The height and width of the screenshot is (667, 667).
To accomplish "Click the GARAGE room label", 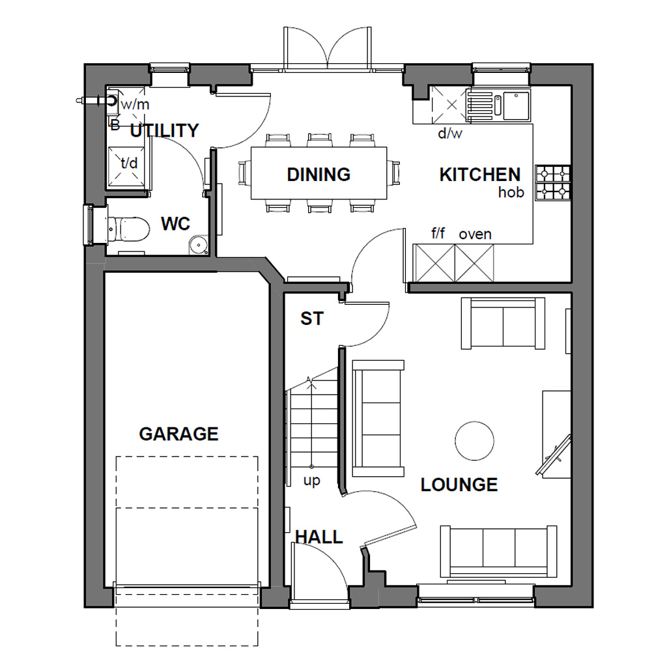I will tap(178, 434).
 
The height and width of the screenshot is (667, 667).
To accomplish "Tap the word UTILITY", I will tap(164, 130).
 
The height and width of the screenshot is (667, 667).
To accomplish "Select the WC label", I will tap(175, 224).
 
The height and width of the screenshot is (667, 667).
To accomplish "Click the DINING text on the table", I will tap(319, 175).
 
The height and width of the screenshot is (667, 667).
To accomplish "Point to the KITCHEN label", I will tap(480, 175).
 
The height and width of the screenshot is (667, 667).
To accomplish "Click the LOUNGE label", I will tap(459, 485).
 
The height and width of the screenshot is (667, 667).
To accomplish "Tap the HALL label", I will tap(319, 537).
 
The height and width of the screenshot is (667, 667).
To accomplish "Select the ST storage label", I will tap(311, 319).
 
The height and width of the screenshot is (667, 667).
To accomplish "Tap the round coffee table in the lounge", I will tap(474, 441).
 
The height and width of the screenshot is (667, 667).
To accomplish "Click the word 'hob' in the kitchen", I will tap(511, 193).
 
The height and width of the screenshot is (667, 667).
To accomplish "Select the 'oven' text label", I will tap(475, 234).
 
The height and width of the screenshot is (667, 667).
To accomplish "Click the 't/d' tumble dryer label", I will tap(129, 163).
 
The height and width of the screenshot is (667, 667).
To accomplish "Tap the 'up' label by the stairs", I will tap(312, 481).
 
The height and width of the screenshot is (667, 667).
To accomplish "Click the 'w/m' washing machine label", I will tap(135, 104).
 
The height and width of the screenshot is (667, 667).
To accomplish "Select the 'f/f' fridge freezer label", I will tap(438, 233).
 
